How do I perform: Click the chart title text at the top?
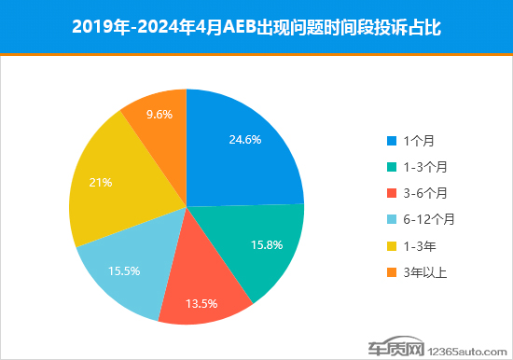[x=256, y=27]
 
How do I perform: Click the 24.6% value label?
[x=244, y=140]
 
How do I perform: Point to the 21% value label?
[x=100, y=182]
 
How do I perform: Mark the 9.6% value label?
[x=160, y=114]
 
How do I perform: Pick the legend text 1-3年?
[x=419, y=245]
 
